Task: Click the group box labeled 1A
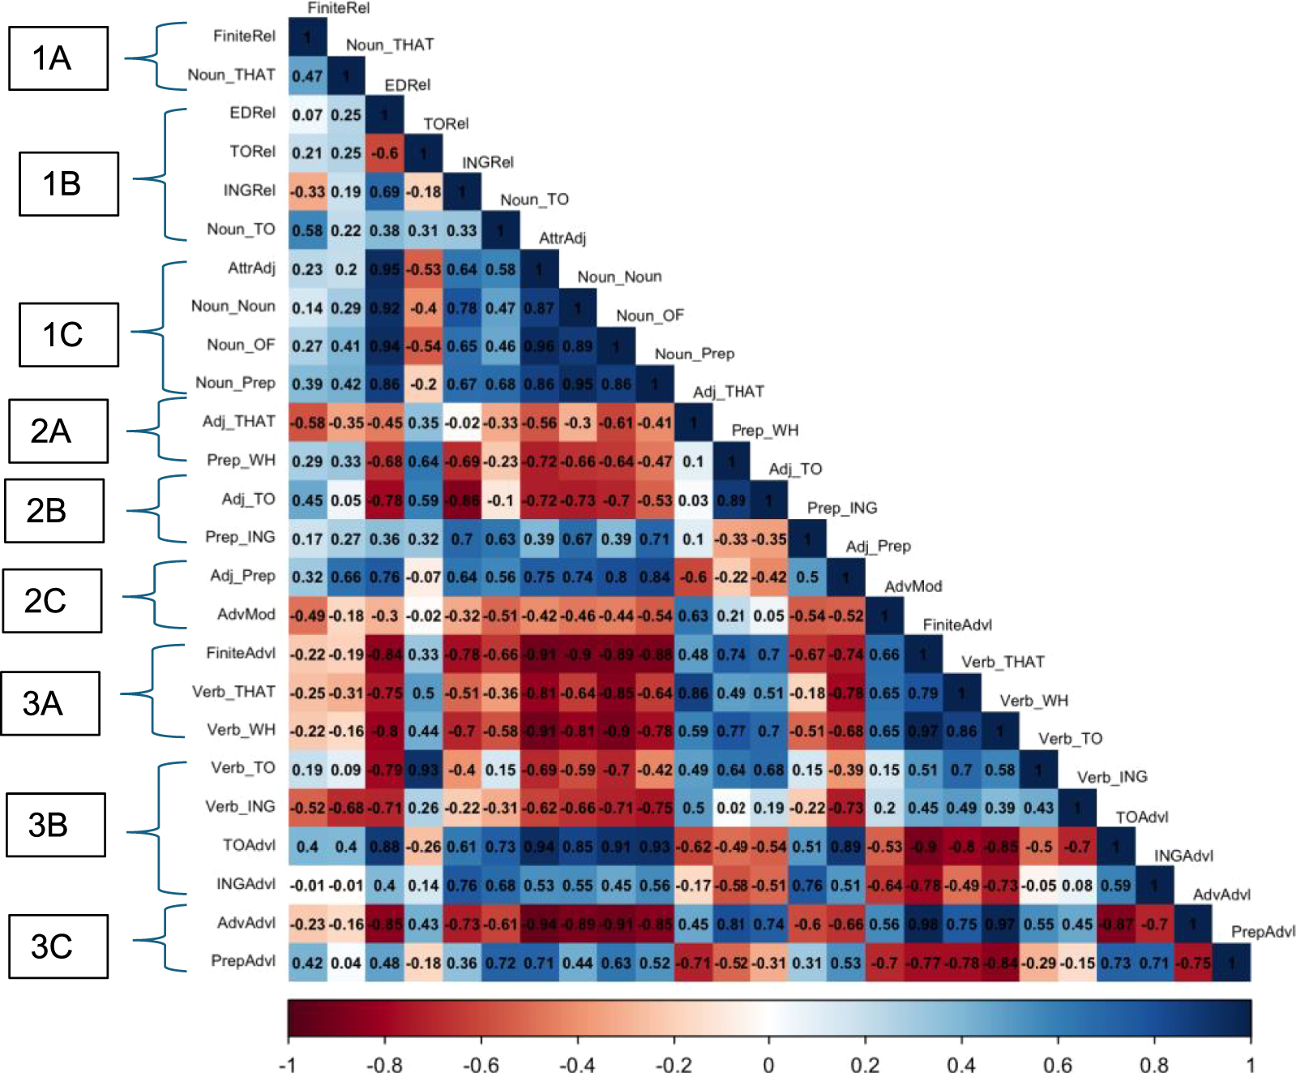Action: (58, 58)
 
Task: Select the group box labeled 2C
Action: (52, 600)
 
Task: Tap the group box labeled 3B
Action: (55, 825)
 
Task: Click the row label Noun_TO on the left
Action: (241, 230)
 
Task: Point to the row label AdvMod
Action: (246, 615)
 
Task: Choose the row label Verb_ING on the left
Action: (240, 807)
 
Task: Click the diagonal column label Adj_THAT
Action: (728, 393)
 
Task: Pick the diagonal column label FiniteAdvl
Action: (957, 624)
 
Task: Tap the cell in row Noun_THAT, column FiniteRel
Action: (307, 76)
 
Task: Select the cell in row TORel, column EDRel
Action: (384, 153)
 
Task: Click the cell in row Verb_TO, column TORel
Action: (423, 770)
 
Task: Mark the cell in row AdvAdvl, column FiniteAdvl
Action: (922, 925)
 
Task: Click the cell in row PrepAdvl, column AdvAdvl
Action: (1192, 964)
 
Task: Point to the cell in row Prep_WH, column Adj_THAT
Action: (693, 461)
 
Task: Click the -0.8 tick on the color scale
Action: (384, 1064)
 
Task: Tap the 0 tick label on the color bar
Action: (768, 1064)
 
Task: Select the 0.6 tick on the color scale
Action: (1058, 1064)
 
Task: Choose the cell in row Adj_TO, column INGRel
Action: (462, 500)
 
